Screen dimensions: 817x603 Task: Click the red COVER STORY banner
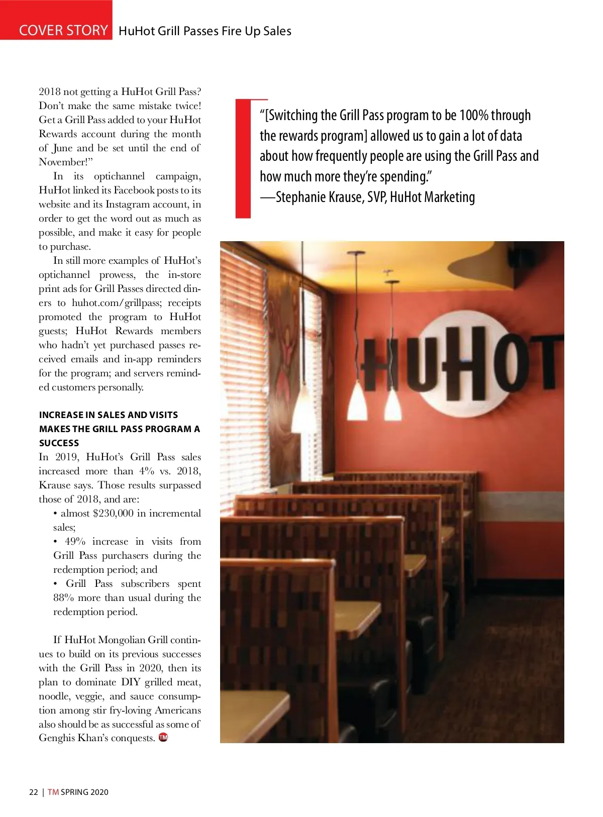click(x=56, y=20)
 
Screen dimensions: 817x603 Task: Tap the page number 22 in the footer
click(x=34, y=792)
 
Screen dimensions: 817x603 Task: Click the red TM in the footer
click(x=53, y=792)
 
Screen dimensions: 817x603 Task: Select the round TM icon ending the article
click(x=163, y=738)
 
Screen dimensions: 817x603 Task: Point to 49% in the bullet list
click(x=75, y=542)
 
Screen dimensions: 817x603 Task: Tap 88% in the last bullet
click(x=64, y=598)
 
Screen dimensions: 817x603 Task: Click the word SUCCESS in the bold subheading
click(x=59, y=443)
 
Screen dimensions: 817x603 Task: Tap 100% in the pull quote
click(x=474, y=116)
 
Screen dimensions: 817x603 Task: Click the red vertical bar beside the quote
click(x=243, y=159)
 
